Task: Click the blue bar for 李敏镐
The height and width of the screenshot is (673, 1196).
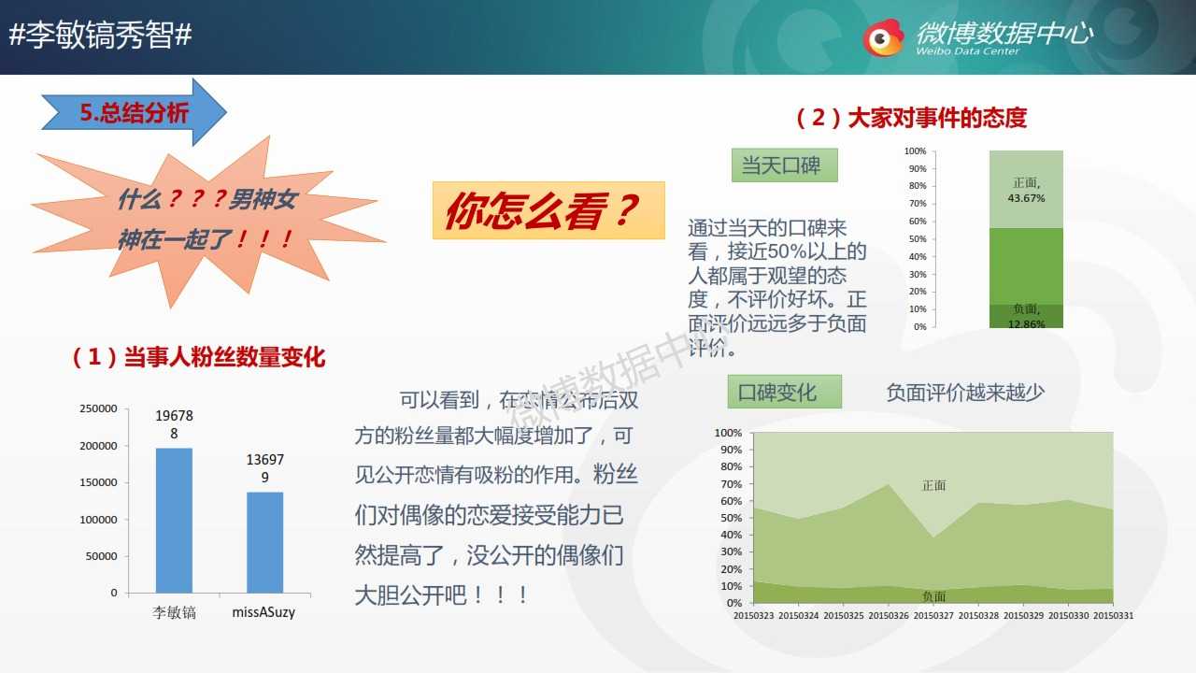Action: (x=174, y=521)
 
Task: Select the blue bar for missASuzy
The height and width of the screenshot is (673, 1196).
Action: (x=264, y=542)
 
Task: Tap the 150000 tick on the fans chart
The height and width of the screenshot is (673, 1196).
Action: (x=98, y=482)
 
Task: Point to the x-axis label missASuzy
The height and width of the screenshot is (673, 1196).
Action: (x=263, y=612)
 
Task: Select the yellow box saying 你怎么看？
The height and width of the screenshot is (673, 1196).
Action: (x=548, y=210)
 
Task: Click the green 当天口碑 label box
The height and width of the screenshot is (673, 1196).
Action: (x=784, y=165)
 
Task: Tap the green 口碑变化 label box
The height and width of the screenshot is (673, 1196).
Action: (x=784, y=392)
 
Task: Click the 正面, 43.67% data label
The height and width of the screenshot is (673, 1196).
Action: (x=1026, y=191)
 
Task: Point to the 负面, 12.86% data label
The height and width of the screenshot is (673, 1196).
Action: (x=1026, y=316)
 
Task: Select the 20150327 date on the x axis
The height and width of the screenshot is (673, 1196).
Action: (x=933, y=615)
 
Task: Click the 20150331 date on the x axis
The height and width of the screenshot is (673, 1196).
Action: (x=1113, y=615)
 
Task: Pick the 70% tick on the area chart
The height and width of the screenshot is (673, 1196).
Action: (x=732, y=484)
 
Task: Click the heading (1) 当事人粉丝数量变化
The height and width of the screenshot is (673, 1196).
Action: (x=198, y=357)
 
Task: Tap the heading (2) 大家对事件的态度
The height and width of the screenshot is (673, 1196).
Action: (x=911, y=118)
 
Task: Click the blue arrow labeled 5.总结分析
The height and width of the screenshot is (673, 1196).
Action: (x=134, y=112)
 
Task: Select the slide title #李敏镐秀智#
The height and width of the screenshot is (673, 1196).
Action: (x=100, y=36)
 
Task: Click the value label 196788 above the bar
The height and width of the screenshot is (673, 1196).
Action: (x=174, y=424)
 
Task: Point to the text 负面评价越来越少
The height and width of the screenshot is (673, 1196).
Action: (x=965, y=393)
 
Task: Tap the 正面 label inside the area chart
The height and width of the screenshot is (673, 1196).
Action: (x=933, y=485)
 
